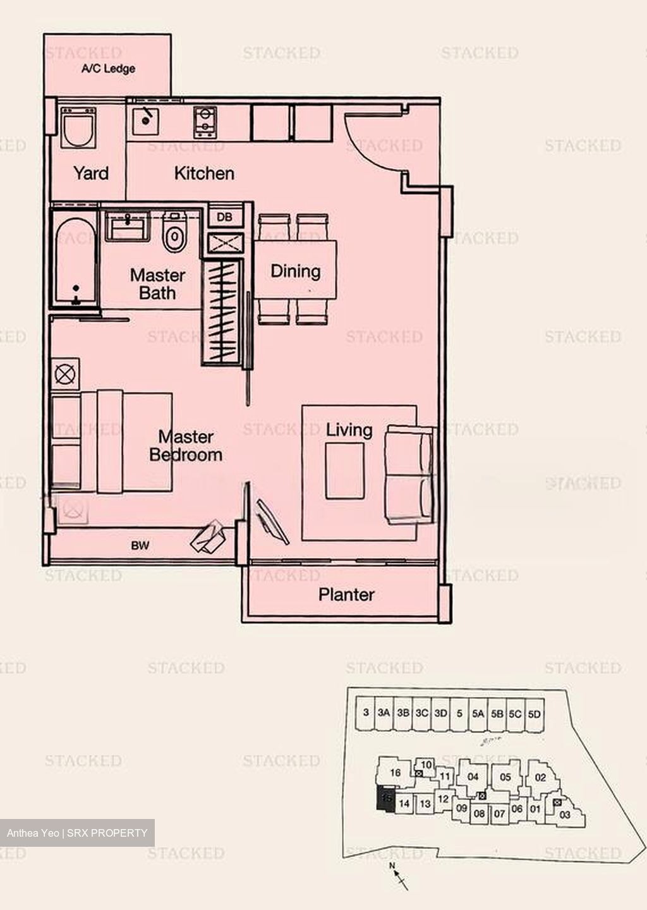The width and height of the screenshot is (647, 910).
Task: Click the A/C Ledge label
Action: pos(108,69)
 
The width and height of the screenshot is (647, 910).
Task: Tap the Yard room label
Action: pos(91,173)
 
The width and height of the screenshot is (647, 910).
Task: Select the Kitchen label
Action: pos(204,173)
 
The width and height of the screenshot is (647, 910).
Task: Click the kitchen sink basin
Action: pos(147,121)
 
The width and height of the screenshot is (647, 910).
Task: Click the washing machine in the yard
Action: pos(79,128)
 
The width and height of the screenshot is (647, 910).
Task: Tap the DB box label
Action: pos(224,217)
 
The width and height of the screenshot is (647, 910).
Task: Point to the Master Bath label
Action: pos(157,284)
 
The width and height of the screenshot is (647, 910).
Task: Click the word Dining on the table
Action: pos(295,271)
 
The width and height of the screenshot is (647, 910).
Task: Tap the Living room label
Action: pos(349,430)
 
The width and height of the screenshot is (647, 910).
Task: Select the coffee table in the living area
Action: pos(344,470)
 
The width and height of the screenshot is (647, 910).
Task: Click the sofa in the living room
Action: pos(410,474)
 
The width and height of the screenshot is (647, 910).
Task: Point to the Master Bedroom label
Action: pos(186,446)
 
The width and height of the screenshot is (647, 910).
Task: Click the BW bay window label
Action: pos(140,545)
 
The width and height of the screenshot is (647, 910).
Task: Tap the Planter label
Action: pos(346,594)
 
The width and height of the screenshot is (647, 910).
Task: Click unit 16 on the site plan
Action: pos(395,772)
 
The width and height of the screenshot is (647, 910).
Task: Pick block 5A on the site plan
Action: pos(478,713)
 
